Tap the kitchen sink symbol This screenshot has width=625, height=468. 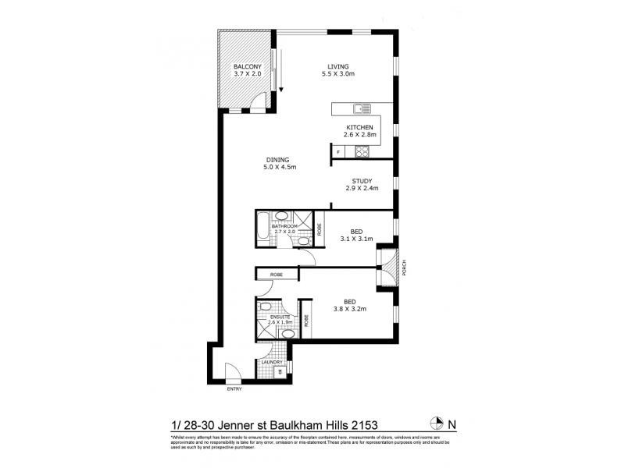pyautogui.click(x=361, y=109)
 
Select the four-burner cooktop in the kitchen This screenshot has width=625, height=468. pyautogui.click(x=362, y=153)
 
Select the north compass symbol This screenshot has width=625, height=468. pyautogui.click(x=437, y=424)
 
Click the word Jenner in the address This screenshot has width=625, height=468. pyautogui.click(x=235, y=424)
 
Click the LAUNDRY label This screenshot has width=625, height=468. pyautogui.click(x=272, y=362)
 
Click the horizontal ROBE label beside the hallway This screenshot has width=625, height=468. pyautogui.click(x=277, y=275)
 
